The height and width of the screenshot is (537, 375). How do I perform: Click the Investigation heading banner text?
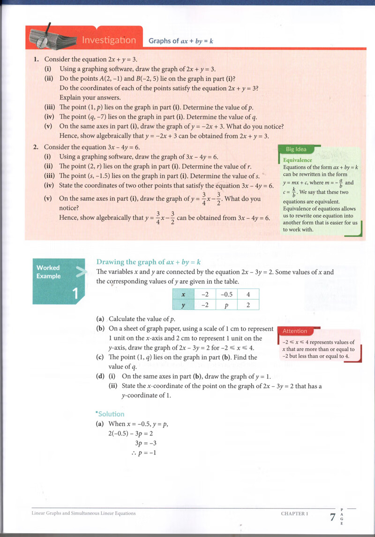coord(109,40)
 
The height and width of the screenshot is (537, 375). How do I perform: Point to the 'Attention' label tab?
coord(295,331)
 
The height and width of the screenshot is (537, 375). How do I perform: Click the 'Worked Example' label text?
coord(49,272)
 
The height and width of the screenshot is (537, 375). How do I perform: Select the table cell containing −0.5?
coord(226,294)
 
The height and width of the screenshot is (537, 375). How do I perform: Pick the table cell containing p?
coord(226,305)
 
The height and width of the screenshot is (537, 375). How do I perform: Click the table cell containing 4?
coord(248,294)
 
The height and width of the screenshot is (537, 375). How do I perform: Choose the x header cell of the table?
coord(183,294)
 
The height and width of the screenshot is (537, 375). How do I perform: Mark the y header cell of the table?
coord(183,305)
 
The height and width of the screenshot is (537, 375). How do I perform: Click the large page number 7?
coord(332,517)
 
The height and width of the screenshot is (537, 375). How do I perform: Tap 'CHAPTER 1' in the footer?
coord(294,514)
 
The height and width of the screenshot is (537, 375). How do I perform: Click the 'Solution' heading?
coord(110,414)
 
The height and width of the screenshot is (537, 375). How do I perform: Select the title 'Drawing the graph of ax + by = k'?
coord(149,262)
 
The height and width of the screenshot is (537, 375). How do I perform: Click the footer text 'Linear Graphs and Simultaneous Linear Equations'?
coord(83,514)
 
